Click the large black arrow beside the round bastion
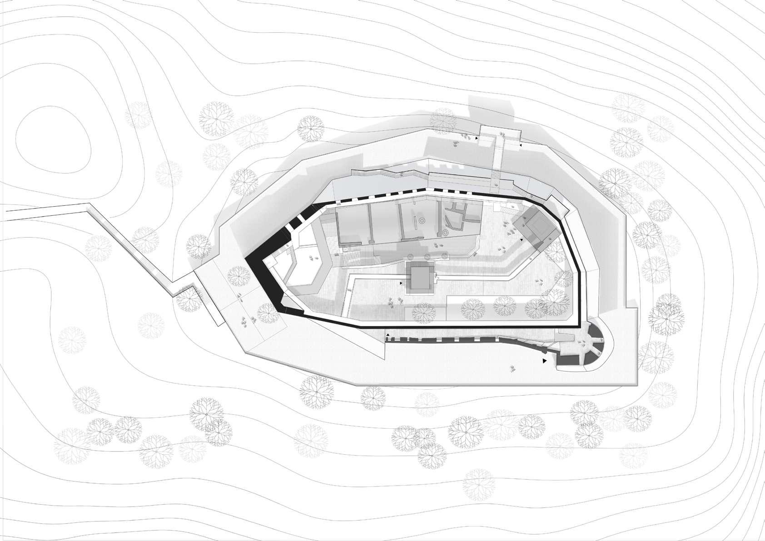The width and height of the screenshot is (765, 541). pyautogui.click(x=544, y=361)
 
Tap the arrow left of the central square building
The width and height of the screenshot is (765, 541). pyautogui.click(x=401, y=283)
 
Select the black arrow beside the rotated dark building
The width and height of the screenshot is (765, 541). pyautogui.click(x=521, y=239)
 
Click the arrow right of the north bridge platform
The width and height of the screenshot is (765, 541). pyautogui.click(x=521, y=145)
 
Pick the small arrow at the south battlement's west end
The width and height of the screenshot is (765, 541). pyautogui.click(x=387, y=335)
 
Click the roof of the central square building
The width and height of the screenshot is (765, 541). pyautogui.click(x=421, y=278)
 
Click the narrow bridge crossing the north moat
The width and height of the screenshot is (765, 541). pyautogui.click(x=498, y=159)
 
